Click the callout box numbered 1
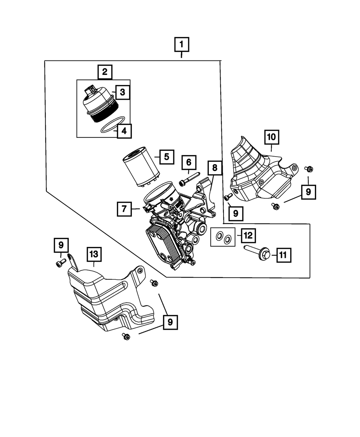(181, 45)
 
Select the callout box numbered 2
(104, 72)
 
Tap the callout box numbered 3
(122, 92)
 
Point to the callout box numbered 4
(124, 131)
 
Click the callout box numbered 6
(189, 163)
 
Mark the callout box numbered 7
(124, 209)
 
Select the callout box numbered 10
(271, 137)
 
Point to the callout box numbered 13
(94, 254)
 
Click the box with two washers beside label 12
(222, 237)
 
